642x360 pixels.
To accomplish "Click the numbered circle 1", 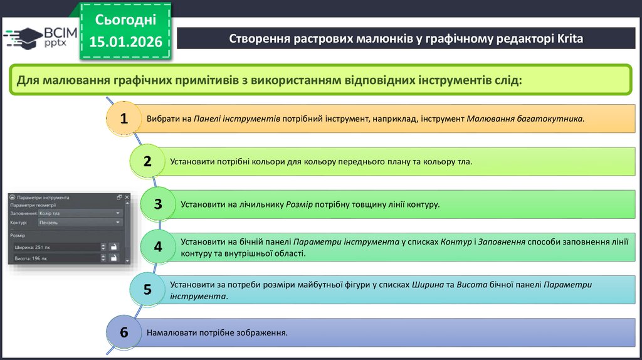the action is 124,119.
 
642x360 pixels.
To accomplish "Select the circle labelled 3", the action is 158,204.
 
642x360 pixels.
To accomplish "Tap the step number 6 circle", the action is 124,332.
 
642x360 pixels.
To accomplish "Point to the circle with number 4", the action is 158,246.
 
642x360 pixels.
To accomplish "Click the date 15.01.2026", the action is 125,42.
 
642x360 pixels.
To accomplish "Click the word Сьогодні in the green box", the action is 125,20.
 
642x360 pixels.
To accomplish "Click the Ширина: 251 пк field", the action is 55,247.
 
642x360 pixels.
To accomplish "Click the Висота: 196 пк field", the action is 55,258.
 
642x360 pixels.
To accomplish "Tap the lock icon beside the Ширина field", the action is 113,247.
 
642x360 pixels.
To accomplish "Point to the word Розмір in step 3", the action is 299,204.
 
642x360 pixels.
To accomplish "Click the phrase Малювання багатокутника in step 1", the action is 525,119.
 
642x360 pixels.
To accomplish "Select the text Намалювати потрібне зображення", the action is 217,332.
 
